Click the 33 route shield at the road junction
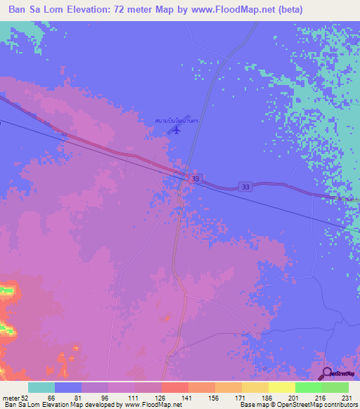195,180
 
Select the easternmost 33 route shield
245,186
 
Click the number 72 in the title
151,10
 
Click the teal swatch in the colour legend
41,387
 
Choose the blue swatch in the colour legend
68,387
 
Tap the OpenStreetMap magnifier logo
327,372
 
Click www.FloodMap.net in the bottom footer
149,405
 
